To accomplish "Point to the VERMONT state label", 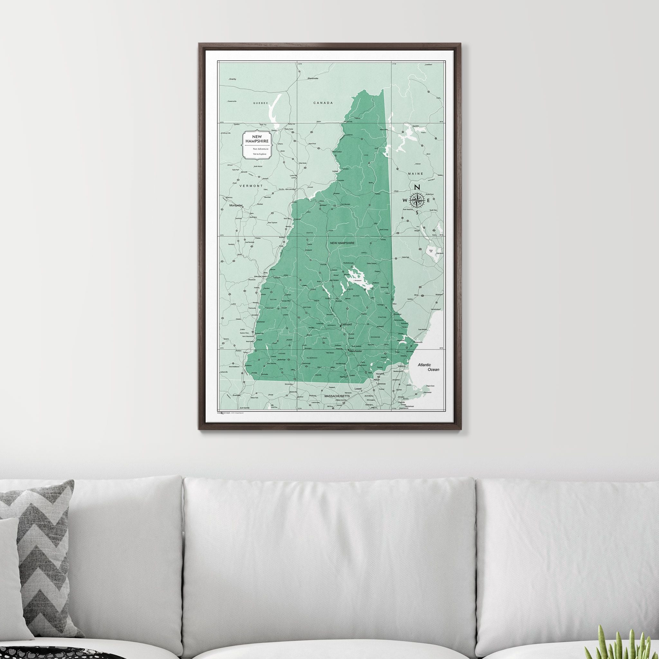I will coord(251,186).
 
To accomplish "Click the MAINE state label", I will coord(415,174).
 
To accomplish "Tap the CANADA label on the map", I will coord(323,103).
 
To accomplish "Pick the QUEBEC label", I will coord(261,103).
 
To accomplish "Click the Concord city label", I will coord(346,324).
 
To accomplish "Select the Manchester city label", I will coord(355,351).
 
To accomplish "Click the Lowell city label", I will coord(358,388).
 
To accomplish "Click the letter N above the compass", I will coord(416,187).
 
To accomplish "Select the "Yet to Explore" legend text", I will coord(260,154).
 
